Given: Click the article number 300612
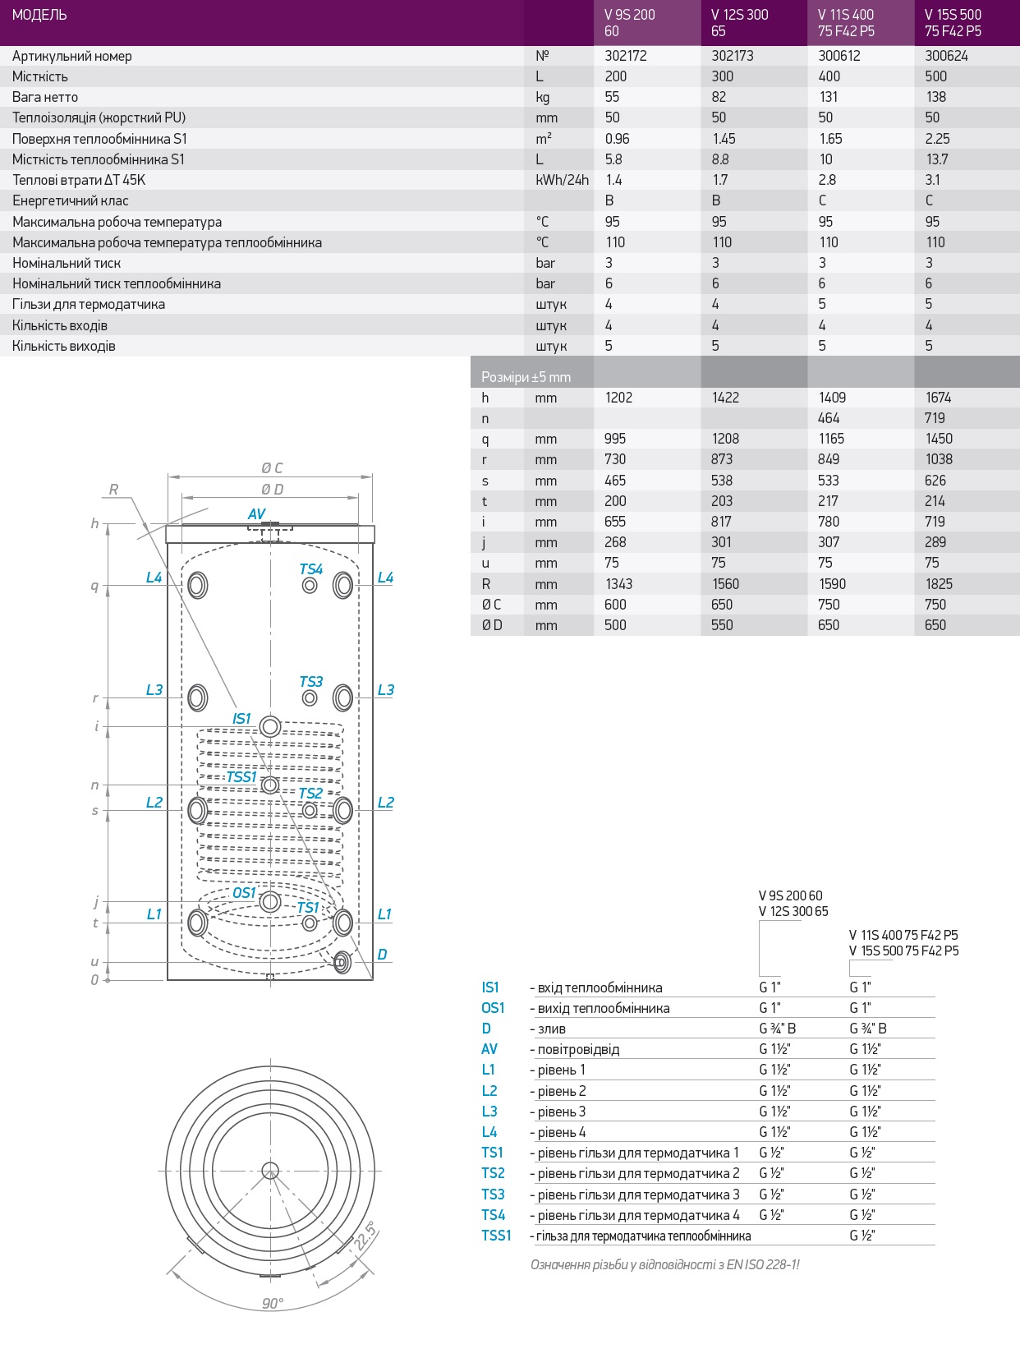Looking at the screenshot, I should (x=839, y=56).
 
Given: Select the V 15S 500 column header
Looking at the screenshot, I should (x=953, y=23).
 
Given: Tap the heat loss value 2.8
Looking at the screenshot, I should (x=827, y=180).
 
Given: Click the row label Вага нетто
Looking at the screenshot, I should (x=45, y=97).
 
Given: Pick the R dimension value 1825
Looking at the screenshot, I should (x=939, y=584).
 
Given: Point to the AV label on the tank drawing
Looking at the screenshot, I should (x=256, y=514).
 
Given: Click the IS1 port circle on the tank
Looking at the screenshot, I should (x=270, y=726).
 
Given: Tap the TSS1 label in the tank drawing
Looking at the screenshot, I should (x=241, y=777).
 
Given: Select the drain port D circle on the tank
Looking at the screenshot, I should (x=342, y=960).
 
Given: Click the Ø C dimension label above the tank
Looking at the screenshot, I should (x=272, y=468).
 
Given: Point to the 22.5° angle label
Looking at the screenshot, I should (x=365, y=1236).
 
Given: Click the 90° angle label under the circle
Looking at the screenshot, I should (x=273, y=1304).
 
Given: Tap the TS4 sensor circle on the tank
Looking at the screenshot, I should (x=310, y=586).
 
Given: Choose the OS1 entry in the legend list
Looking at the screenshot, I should (x=493, y=1008).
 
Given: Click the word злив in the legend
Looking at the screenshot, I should (x=551, y=1029).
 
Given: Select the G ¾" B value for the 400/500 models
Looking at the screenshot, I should (x=867, y=1029).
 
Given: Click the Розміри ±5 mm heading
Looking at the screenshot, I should (x=526, y=377).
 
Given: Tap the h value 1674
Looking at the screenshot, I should (x=938, y=398).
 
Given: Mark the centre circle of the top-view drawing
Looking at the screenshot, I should (x=270, y=1171).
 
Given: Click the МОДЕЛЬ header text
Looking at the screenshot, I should (x=39, y=15).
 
